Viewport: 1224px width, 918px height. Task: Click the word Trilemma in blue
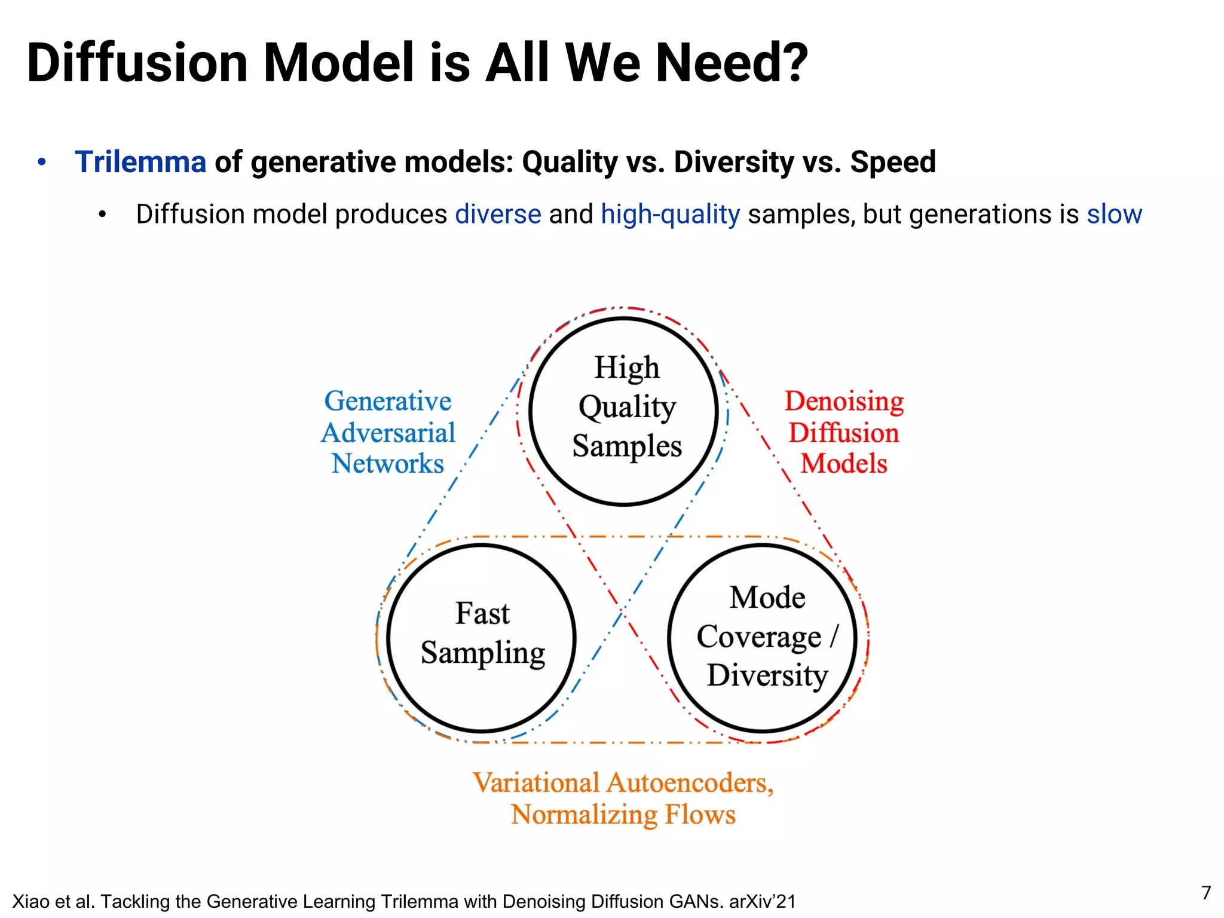click(140, 162)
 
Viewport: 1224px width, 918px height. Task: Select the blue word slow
click(1114, 215)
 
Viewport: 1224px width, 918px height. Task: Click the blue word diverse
click(498, 215)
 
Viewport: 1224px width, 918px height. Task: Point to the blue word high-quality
click(670, 215)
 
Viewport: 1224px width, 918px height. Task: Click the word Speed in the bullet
click(893, 162)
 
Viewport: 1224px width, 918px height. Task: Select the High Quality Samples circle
click(624, 411)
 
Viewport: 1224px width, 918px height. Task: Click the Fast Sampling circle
click(482, 638)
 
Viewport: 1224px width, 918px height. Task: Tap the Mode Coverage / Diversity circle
click(763, 638)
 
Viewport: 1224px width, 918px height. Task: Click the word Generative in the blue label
click(387, 401)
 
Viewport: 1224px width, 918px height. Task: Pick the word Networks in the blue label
click(387, 464)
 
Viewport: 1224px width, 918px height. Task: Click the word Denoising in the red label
click(844, 401)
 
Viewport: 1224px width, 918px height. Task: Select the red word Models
click(844, 464)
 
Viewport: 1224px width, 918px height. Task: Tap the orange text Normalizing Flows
click(623, 815)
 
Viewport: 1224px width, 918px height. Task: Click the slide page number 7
click(1206, 893)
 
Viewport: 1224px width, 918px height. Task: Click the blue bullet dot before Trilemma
click(41, 162)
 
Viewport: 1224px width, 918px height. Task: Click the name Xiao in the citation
click(27, 901)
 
